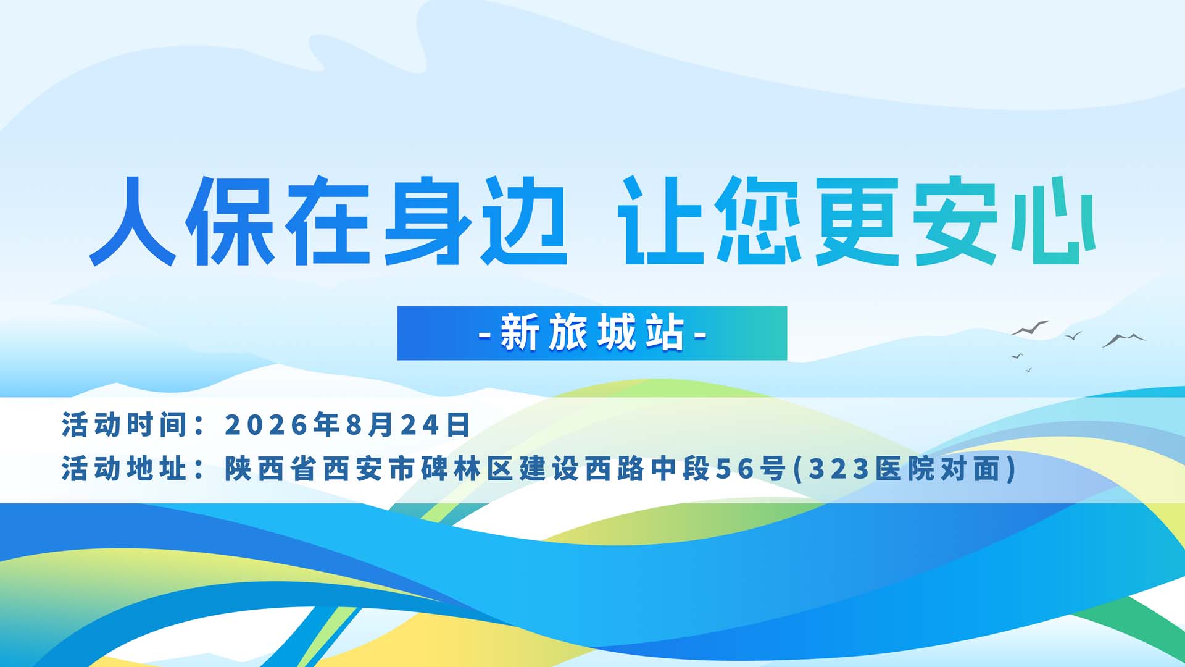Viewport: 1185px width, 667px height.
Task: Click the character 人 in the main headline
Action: tap(133, 221)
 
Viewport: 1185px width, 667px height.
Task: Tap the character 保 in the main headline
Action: tap(230, 221)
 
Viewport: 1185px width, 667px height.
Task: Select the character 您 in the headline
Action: tap(759, 221)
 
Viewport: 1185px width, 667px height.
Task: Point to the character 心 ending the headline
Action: tap(1053, 221)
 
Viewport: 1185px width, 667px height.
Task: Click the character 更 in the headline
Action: tap(857, 221)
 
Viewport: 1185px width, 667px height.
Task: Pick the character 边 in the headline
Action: tap(524, 221)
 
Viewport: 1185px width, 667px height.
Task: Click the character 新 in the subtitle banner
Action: tap(519, 333)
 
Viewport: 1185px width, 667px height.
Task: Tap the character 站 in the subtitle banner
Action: tap(665, 333)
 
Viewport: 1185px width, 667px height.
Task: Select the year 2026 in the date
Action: tap(266, 425)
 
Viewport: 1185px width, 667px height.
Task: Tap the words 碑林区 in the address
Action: tap(467, 469)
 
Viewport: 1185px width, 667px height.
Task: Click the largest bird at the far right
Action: tap(1124, 340)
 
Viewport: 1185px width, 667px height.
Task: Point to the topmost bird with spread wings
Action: tap(1029, 329)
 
